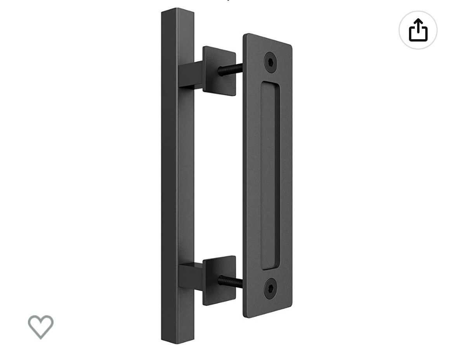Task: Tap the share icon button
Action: [x=418, y=30]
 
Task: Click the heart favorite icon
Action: [x=41, y=327]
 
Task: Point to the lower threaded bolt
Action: [x=230, y=281]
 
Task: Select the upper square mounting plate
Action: [x=219, y=71]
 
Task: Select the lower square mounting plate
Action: [x=219, y=280]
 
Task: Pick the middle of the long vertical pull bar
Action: [x=178, y=175]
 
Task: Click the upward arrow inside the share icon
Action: [x=418, y=26]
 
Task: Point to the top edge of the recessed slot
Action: [x=270, y=83]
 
